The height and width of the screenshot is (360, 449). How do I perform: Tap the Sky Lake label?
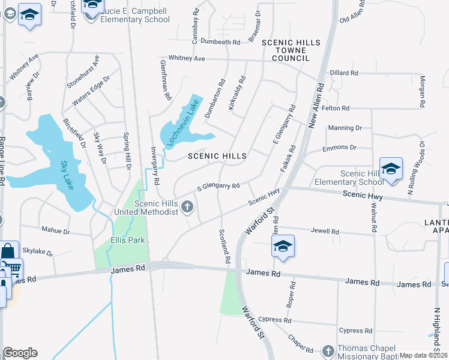pyautogui.click(x=67, y=175)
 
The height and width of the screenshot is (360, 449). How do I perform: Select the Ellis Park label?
pyautogui.click(x=128, y=241)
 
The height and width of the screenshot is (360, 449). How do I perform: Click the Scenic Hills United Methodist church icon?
pyautogui.click(x=187, y=208)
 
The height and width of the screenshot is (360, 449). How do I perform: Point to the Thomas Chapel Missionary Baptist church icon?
pyautogui.click(x=328, y=350)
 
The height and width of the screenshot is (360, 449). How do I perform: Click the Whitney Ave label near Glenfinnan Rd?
pyautogui.click(x=187, y=58)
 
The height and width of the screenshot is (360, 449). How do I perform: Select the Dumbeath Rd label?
pyautogui.click(x=220, y=42)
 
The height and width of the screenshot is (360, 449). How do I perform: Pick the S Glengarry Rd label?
pyautogui.click(x=218, y=187)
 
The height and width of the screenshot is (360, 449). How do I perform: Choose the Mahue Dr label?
pyautogui.click(x=55, y=230)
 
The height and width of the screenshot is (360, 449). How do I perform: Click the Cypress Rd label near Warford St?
pyautogui.click(x=274, y=320)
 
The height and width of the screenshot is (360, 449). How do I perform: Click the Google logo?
pyautogui.click(x=20, y=353)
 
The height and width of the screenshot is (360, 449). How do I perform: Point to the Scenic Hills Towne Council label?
pyautogui.click(x=291, y=50)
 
